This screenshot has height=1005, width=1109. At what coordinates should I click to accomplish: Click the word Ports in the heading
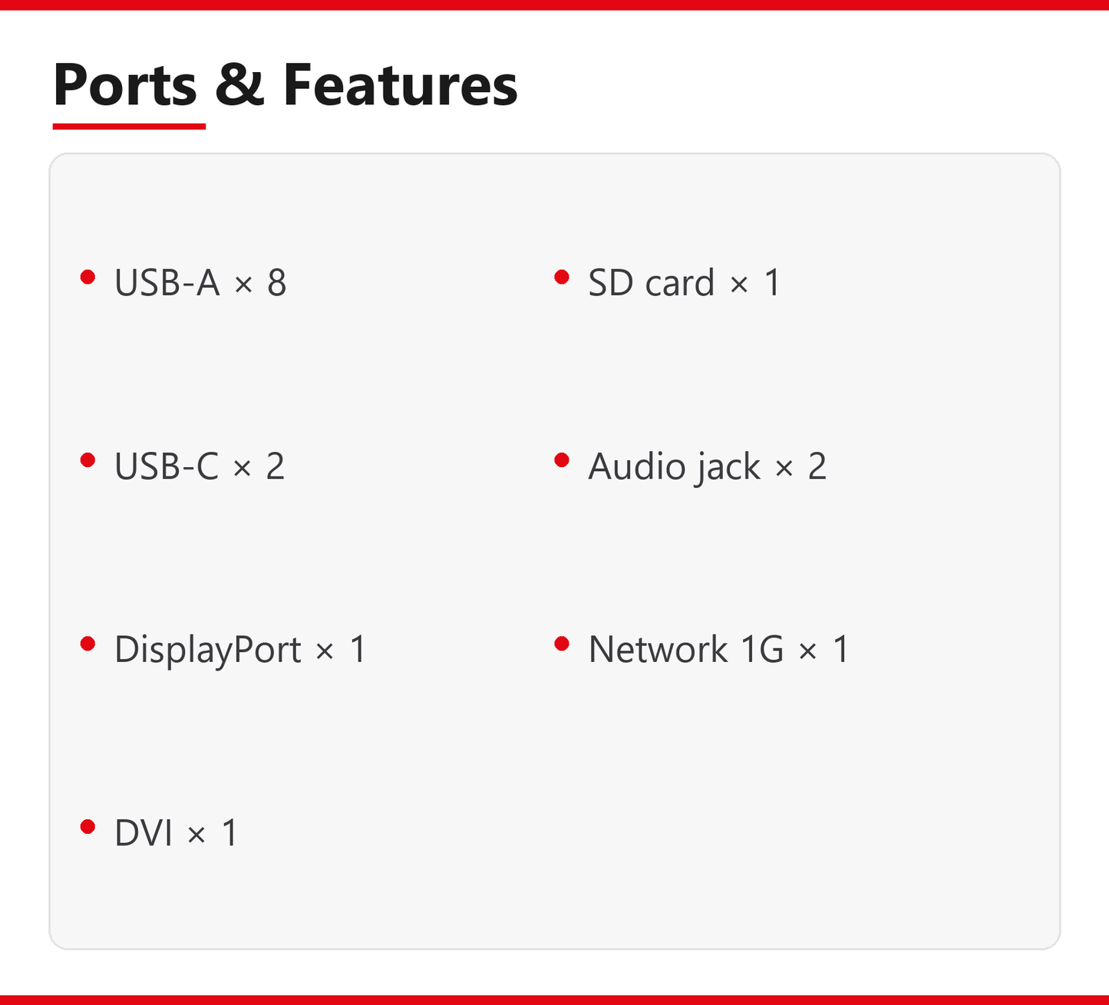click(125, 84)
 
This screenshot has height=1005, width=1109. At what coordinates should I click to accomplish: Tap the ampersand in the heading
click(239, 84)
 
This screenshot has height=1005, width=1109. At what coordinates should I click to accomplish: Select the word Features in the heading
click(400, 84)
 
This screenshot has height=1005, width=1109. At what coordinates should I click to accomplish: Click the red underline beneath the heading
click(129, 127)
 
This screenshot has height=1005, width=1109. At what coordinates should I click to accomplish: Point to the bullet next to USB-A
click(88, 276)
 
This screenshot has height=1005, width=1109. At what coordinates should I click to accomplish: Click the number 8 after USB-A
click(276, 283)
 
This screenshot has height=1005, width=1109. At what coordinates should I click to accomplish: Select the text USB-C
click(166, 466)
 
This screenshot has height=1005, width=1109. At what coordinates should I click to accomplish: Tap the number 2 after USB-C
click(276, 466)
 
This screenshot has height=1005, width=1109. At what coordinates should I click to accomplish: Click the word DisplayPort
click(207, 650)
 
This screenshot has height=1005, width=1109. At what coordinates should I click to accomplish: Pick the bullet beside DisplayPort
click(88, 644)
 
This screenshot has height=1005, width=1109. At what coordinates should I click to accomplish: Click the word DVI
click(143, 833)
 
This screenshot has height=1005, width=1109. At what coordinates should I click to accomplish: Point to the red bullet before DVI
click(88, 827)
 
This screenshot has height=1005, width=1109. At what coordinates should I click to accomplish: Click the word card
click(680, 283)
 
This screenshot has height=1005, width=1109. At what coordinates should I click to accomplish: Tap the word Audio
click(637, 466)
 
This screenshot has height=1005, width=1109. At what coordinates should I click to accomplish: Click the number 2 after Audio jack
click(817, 466)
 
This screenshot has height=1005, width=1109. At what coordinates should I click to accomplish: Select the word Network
click(658, 650)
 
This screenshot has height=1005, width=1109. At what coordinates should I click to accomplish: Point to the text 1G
click(762, 650)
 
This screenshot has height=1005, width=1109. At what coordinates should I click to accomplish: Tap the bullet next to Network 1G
click(562, 644)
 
